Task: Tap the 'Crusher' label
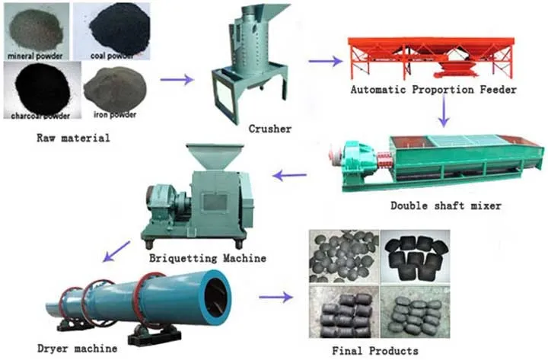[269, 129]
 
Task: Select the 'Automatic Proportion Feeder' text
[434, 90]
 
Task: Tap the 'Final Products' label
[375, 351]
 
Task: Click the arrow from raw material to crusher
[177, 79]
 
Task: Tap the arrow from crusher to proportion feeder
[325, 61]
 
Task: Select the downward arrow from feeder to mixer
[444, 112]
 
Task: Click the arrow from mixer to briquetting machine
[289, 176]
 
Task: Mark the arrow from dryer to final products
[276, 298]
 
